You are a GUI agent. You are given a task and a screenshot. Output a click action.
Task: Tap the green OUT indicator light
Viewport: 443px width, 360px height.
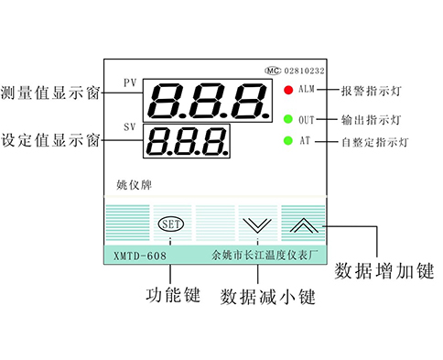pos(287,119)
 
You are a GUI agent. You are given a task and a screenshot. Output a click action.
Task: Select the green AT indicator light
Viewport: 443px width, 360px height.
pos(287,141)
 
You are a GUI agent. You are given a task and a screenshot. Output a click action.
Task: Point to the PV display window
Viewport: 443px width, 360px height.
pos(208,98)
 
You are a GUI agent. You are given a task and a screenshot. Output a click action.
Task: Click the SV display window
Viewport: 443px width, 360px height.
pos(186,141)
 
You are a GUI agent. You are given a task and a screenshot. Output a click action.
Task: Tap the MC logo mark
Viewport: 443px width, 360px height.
pos(272,70)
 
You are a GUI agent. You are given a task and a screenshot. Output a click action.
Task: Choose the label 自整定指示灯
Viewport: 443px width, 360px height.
pos(374,142)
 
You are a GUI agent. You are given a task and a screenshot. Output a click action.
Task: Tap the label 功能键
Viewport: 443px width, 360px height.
pos(173,297)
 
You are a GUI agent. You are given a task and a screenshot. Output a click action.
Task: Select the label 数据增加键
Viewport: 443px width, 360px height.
pos(383,271)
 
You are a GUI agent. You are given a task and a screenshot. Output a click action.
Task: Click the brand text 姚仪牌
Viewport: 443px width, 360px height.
pos(131,184)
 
